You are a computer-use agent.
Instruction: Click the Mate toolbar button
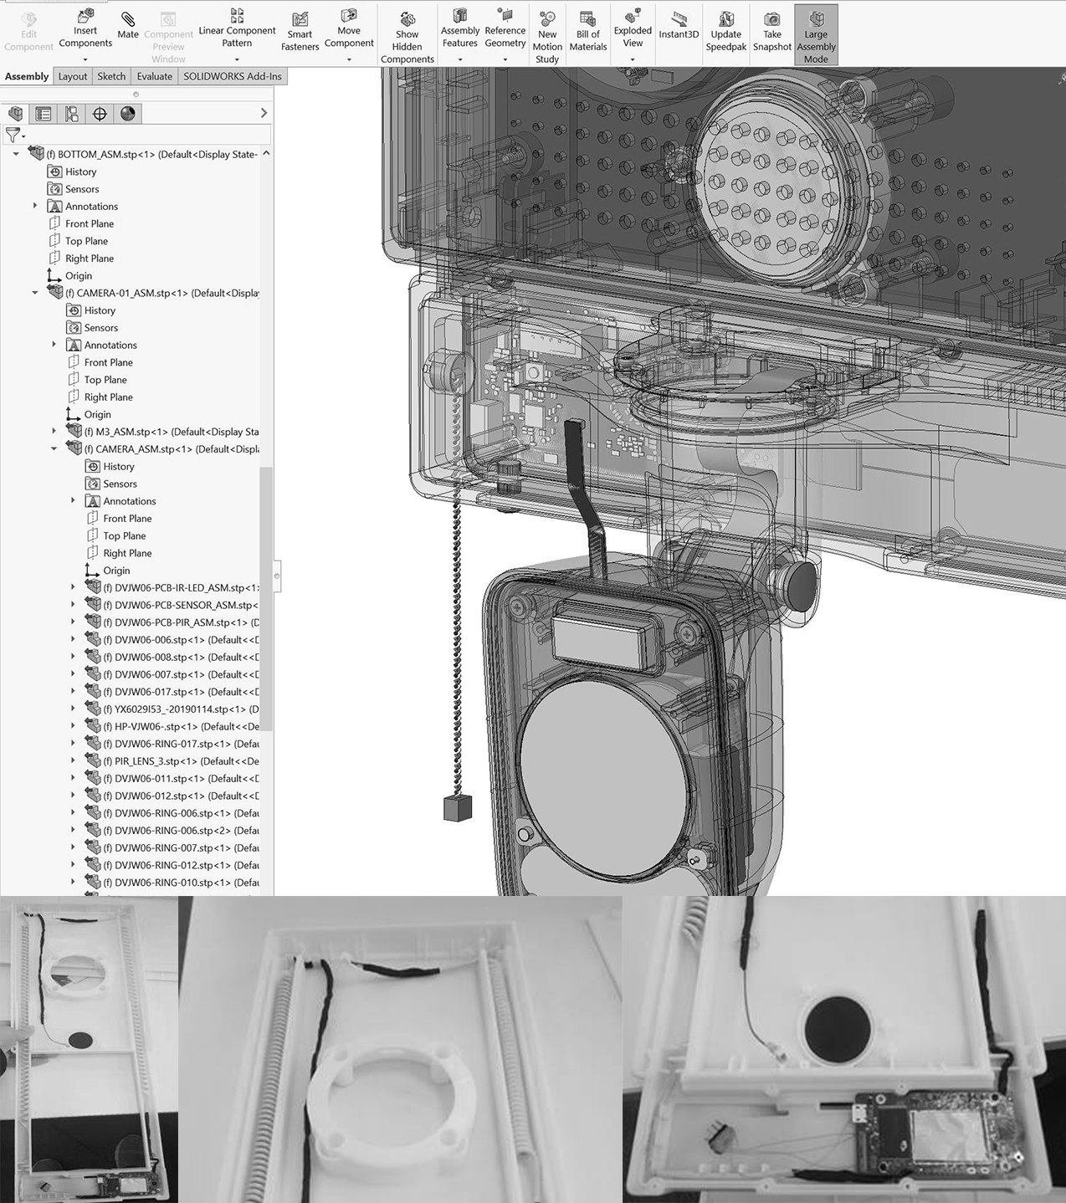(x=128, y=25)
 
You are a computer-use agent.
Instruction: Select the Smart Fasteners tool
(x=300, y=32)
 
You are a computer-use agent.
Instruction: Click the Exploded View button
(x=633, y=32)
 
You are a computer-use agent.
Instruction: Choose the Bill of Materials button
(x=587, y=32)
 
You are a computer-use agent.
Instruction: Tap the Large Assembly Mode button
(x=816, y=35)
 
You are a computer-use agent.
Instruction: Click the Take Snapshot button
(x=771, y=32)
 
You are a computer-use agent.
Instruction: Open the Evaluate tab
(x=154, y=76)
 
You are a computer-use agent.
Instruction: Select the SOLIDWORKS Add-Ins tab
(x=233, y=76)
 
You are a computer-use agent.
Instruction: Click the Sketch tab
(x=111, y=76)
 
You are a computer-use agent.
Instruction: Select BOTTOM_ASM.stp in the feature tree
(x=151, y=154)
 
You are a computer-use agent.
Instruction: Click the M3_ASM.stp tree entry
(x=171, y=432)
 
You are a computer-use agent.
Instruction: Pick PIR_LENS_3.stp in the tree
(x=180, y=761)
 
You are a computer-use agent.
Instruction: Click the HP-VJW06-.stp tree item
(x=181, y=726)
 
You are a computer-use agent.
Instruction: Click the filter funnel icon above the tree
(x=13, y=135)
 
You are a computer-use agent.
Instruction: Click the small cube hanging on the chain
(x=458, y=807)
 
